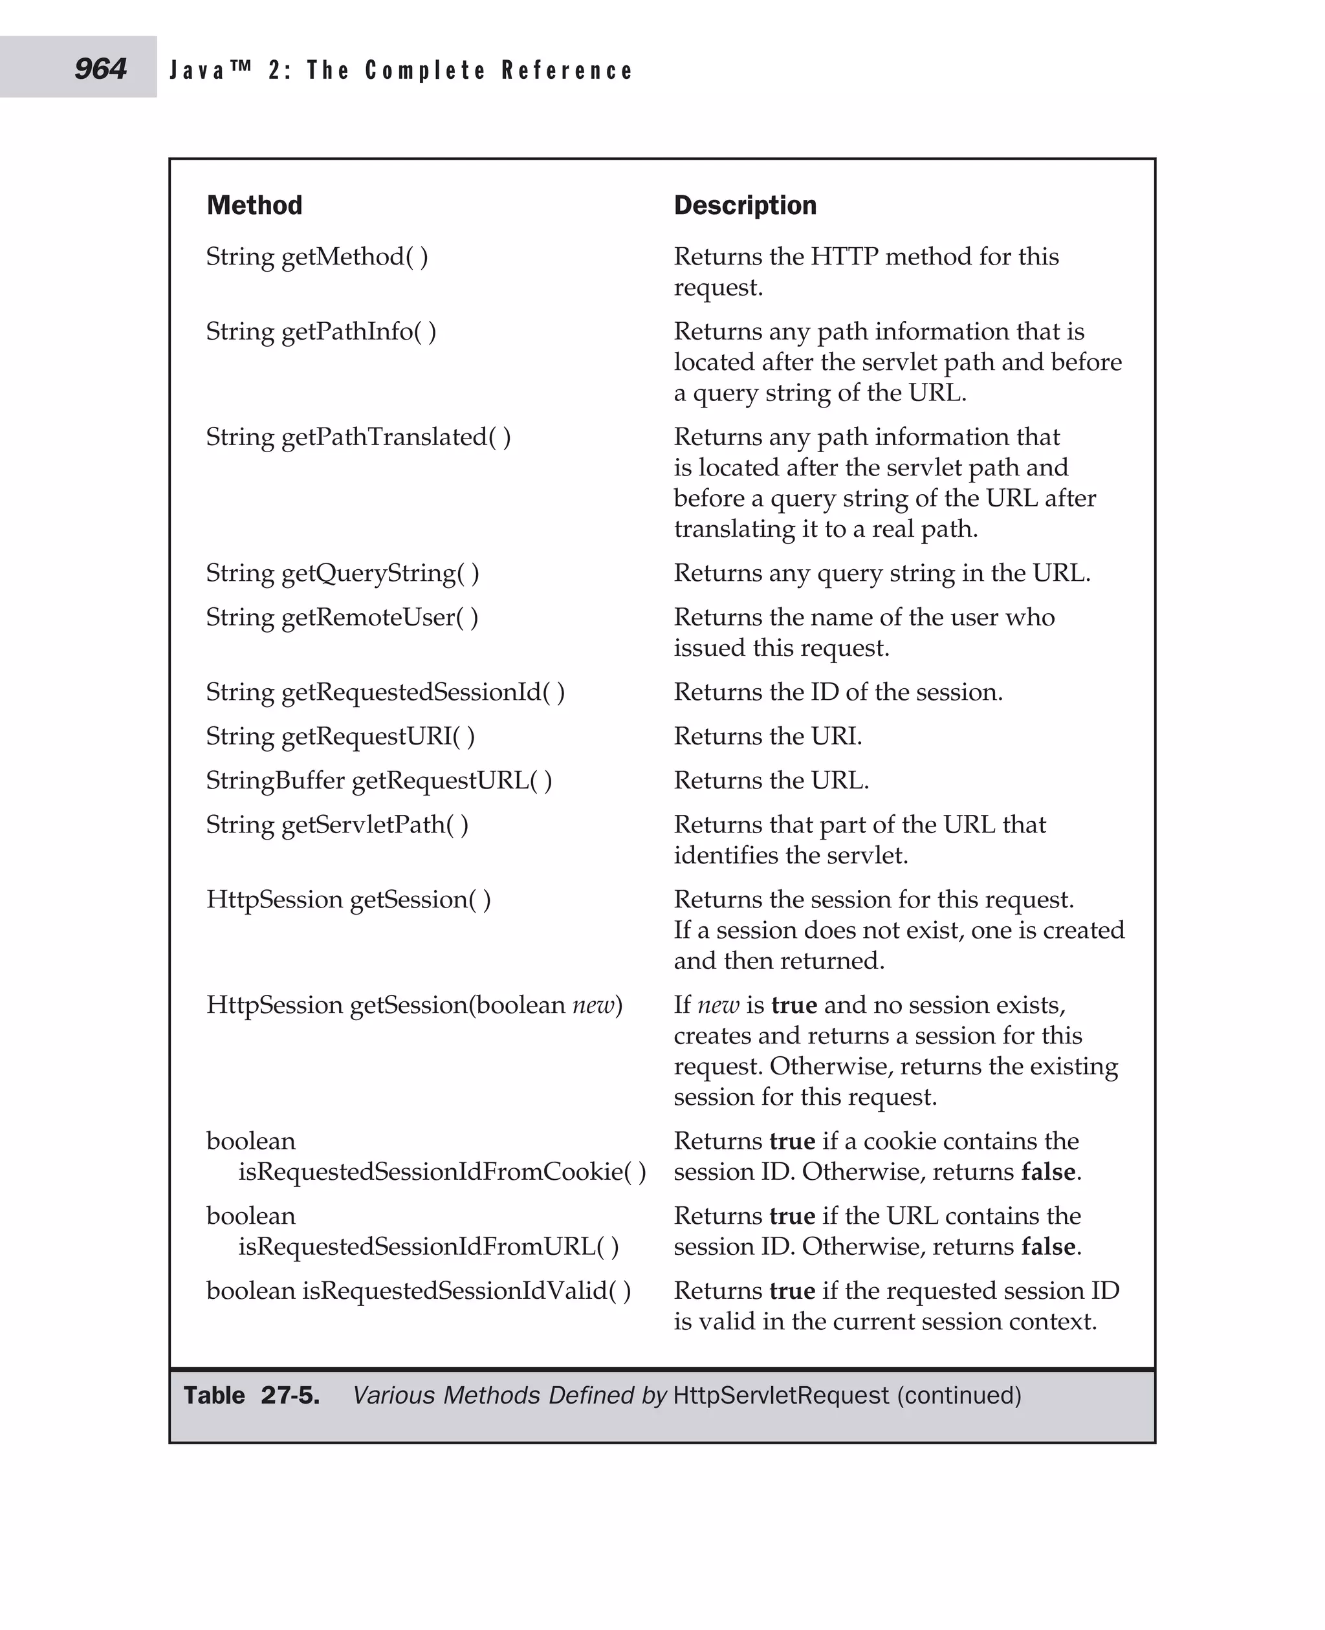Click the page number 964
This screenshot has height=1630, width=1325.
[x=100, y=69]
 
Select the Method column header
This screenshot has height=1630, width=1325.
[x=254, y=205]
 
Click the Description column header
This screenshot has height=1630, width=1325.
[x=744, y=205]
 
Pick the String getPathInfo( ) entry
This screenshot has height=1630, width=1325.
[x=320, y=332]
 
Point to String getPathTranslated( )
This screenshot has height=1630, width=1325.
[x=358, y=437]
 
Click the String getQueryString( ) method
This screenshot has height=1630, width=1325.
[x=342, y=573]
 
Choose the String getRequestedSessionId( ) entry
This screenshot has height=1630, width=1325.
[x=385, y=692]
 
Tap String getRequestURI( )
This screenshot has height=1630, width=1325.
[x=340, y=736]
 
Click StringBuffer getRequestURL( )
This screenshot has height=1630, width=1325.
[x=378, y=781]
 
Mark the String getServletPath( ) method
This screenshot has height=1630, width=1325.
[x=336, y=825]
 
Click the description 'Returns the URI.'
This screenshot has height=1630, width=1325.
[x=767, y=736]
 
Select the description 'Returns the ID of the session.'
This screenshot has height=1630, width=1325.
[x=837, y=692]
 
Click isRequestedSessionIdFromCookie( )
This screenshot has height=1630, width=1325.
[x=441, y=1171]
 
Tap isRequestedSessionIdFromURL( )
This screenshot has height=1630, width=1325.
[x=428, y=1246]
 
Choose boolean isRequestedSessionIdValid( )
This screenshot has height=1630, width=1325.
[x=418, y=1290]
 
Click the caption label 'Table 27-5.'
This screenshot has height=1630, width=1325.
[x=251, y=1396]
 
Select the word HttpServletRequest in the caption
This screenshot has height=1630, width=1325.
[x=781, y=1396]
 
